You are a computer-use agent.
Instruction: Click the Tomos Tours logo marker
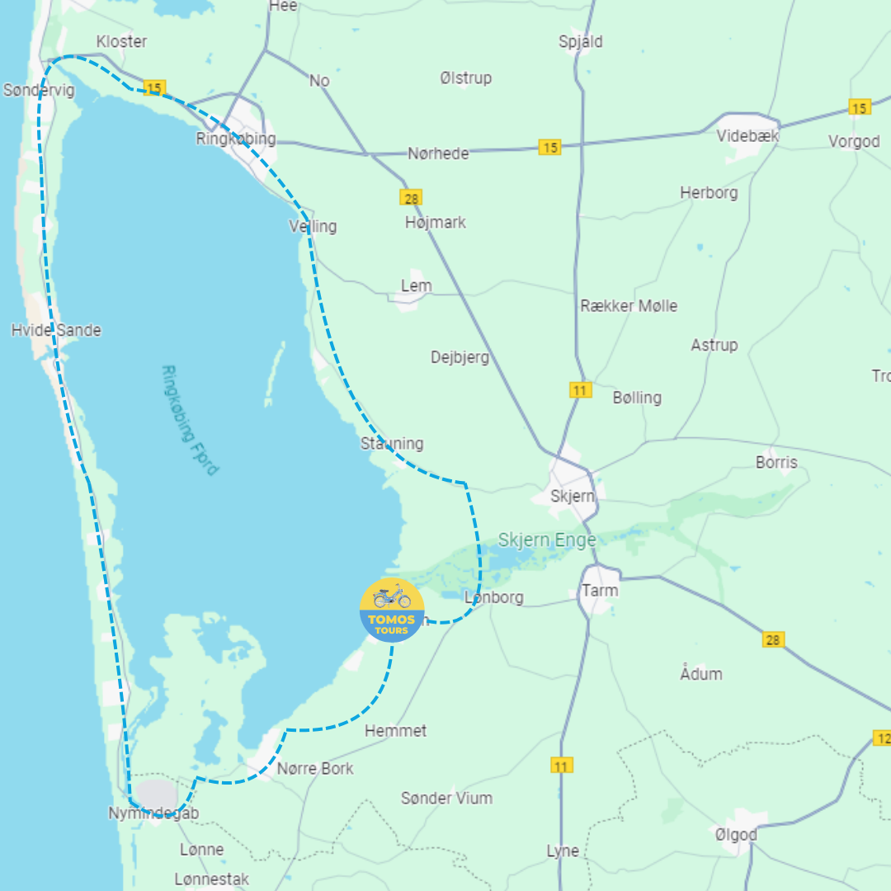pos(392,610)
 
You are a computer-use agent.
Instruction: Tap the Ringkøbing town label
pos(236,139)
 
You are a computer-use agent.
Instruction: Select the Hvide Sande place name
pos(56,330)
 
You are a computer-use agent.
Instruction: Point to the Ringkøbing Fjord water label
pos(191,420)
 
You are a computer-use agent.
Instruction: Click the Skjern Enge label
pos(546,541)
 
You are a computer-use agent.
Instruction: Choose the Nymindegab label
pos(153,813)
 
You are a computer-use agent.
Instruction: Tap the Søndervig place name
pos(39,89)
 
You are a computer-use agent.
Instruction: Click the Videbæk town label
pos(747,136)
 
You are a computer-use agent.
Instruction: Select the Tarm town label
pos(600,591)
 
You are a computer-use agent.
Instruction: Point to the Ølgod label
pos(736,835)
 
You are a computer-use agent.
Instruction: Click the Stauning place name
pos(392,443)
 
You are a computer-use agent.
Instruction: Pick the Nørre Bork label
pos(315,768)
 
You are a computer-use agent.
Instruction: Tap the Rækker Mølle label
pos(629,305)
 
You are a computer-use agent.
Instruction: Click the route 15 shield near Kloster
pos(153,87)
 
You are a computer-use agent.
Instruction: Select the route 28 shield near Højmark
pos(411,197)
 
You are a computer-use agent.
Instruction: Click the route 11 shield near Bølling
pos(580,389)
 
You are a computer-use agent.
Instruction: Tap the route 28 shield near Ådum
pos(773,639)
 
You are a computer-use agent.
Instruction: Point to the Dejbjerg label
pos(460,357)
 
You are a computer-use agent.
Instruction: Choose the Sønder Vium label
pos(446,798)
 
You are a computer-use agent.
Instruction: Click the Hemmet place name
pos(396,730)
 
